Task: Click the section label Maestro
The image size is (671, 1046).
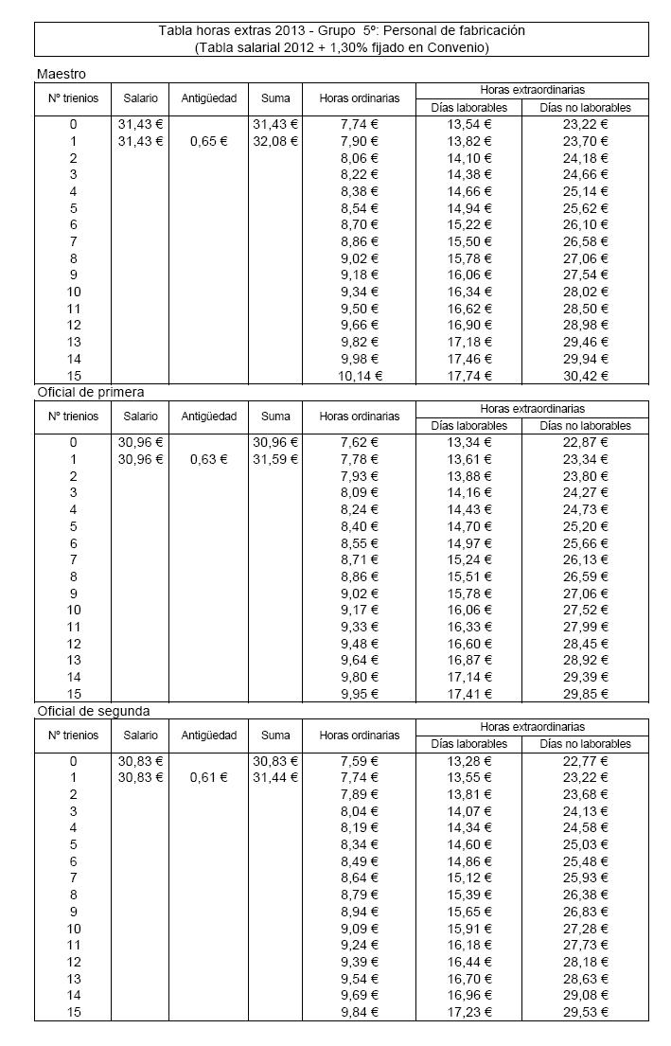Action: tap(62, 73)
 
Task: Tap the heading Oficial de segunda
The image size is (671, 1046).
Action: tap(93, 709)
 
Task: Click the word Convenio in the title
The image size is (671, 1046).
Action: tap(463, 46)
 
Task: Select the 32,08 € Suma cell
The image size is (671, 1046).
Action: tap(275, 141)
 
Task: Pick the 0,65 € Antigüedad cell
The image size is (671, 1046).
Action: tap(208, 141)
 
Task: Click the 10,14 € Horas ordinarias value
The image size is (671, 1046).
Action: tap(360, 375)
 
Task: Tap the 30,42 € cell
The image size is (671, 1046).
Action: tap(587, 375)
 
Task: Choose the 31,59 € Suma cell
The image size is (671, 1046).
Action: tap(275, 459)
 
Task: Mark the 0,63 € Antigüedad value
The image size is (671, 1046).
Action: tap(208, 459)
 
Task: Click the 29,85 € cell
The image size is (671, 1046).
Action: tap(587, 693)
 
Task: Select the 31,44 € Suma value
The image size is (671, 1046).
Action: tap(275, 777)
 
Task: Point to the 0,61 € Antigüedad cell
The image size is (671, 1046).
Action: tap(208, 777)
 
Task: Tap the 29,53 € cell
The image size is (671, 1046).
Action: tap(587, 1011)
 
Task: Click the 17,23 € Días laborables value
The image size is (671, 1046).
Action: tap(468, 1011)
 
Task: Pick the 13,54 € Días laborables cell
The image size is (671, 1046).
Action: tap(468, 124)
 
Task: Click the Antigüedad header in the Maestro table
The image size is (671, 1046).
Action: tap(208, 98)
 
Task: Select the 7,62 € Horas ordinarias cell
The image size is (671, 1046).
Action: tap(360, 442)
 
